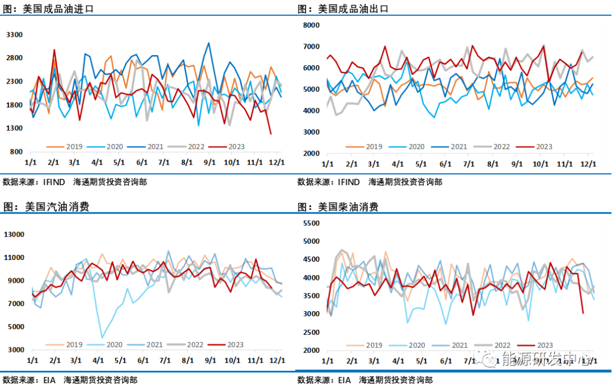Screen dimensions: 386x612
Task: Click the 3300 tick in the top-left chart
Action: click(x=14, y=35)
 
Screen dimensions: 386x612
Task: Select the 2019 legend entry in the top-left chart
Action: click(x=73, y=146)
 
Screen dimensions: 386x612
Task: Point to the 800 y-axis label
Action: click(x=16, y=152)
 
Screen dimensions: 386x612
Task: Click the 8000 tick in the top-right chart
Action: click(x=312, y=25)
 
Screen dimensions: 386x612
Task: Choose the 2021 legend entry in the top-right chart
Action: click(x=458, y=146)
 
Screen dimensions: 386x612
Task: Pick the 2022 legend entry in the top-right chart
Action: click(x=501, y=146)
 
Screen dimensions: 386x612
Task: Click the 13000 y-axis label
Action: click(x=15, y=234)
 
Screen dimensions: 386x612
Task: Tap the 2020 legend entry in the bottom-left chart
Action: click(x=116, y=345)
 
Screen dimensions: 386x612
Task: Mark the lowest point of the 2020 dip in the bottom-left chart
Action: click(x=103, y=338)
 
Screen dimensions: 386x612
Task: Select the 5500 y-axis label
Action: click(x=312, y=224)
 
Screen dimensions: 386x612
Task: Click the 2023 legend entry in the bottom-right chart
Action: click(x=544, y=345)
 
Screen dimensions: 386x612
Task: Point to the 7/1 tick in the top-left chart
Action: click(x=164, y=162)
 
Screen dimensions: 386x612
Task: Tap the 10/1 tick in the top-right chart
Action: click(x=541, y=164)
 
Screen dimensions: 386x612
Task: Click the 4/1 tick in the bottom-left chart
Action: click(x=98, y=360)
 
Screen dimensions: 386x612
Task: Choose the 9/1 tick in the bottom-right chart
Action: click(x=517, y=361)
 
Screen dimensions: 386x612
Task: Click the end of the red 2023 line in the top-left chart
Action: click(x=271, y=134)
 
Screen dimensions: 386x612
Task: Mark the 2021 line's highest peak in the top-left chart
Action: click(x=209, y=43)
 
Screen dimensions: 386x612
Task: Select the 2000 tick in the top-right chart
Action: click(x=312, y=153)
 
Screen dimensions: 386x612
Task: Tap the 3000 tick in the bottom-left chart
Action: click(x=16, y=350)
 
